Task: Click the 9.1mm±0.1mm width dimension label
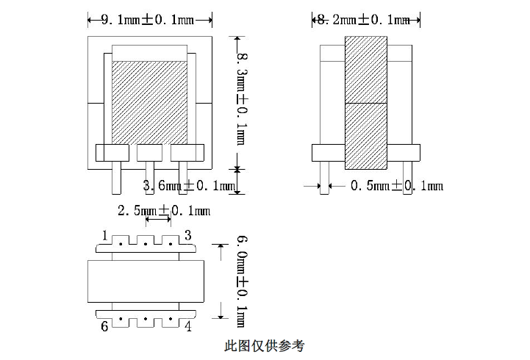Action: (x=150, y=21)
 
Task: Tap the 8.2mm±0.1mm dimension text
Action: (x=361, y=21)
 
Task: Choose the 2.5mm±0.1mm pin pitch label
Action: (x=164, y=212)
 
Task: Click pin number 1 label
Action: (x=105, y=236)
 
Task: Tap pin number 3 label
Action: (x=188, y=235)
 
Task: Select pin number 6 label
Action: (x=104, y=326)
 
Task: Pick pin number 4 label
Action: (x=188, y=326)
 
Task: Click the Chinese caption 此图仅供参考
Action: (x=265, y=345)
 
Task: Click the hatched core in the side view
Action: (x=365, y=103)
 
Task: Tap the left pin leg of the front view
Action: (x=115, y=176)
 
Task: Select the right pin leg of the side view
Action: (x=407, y=176)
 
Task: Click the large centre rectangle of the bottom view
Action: (x=146, y=281)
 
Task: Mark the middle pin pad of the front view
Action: (x=150, y=153)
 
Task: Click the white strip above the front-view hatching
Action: (x=150, y=53)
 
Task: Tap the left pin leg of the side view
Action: (x=324, y=176)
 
